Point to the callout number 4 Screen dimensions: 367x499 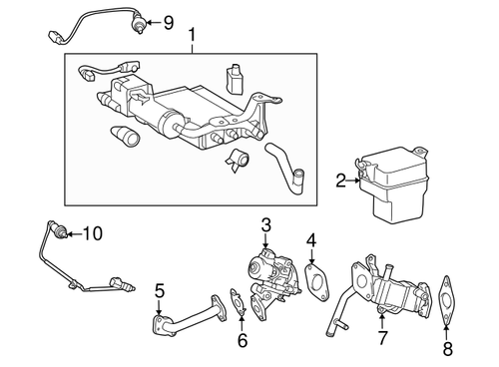point(311,239)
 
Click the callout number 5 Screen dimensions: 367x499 point(159,291)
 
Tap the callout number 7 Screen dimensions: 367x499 point(381,339)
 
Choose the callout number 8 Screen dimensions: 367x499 point(447,350)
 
